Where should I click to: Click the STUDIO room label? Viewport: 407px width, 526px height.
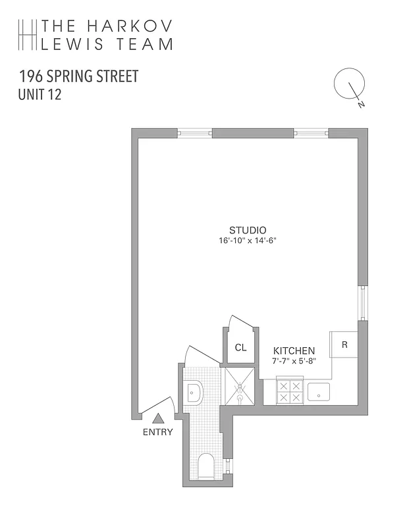coord(248,230)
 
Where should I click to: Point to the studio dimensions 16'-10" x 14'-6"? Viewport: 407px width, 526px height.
coord(248,240)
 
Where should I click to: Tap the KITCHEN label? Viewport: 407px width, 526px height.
coord(294,351)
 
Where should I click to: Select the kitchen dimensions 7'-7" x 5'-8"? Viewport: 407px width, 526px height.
coord(294,361)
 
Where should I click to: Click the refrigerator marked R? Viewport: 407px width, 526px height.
coord(344,344)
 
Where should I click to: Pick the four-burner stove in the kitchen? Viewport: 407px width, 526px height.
coord(289,392)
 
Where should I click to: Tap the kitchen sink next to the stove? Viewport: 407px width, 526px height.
coord(319,392)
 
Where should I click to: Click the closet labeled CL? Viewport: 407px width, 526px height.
coord(240,348)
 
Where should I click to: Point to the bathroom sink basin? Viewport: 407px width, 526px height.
coord(194,393)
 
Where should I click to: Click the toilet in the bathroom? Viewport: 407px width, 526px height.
coord(206,466)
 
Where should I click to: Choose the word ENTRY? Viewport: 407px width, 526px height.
coord(157,432)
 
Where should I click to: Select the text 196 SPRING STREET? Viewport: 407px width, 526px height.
coord(79,76)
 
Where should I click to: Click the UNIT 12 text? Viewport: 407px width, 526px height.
coord(40,95)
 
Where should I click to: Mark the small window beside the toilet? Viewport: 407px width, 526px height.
coord(229,467)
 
